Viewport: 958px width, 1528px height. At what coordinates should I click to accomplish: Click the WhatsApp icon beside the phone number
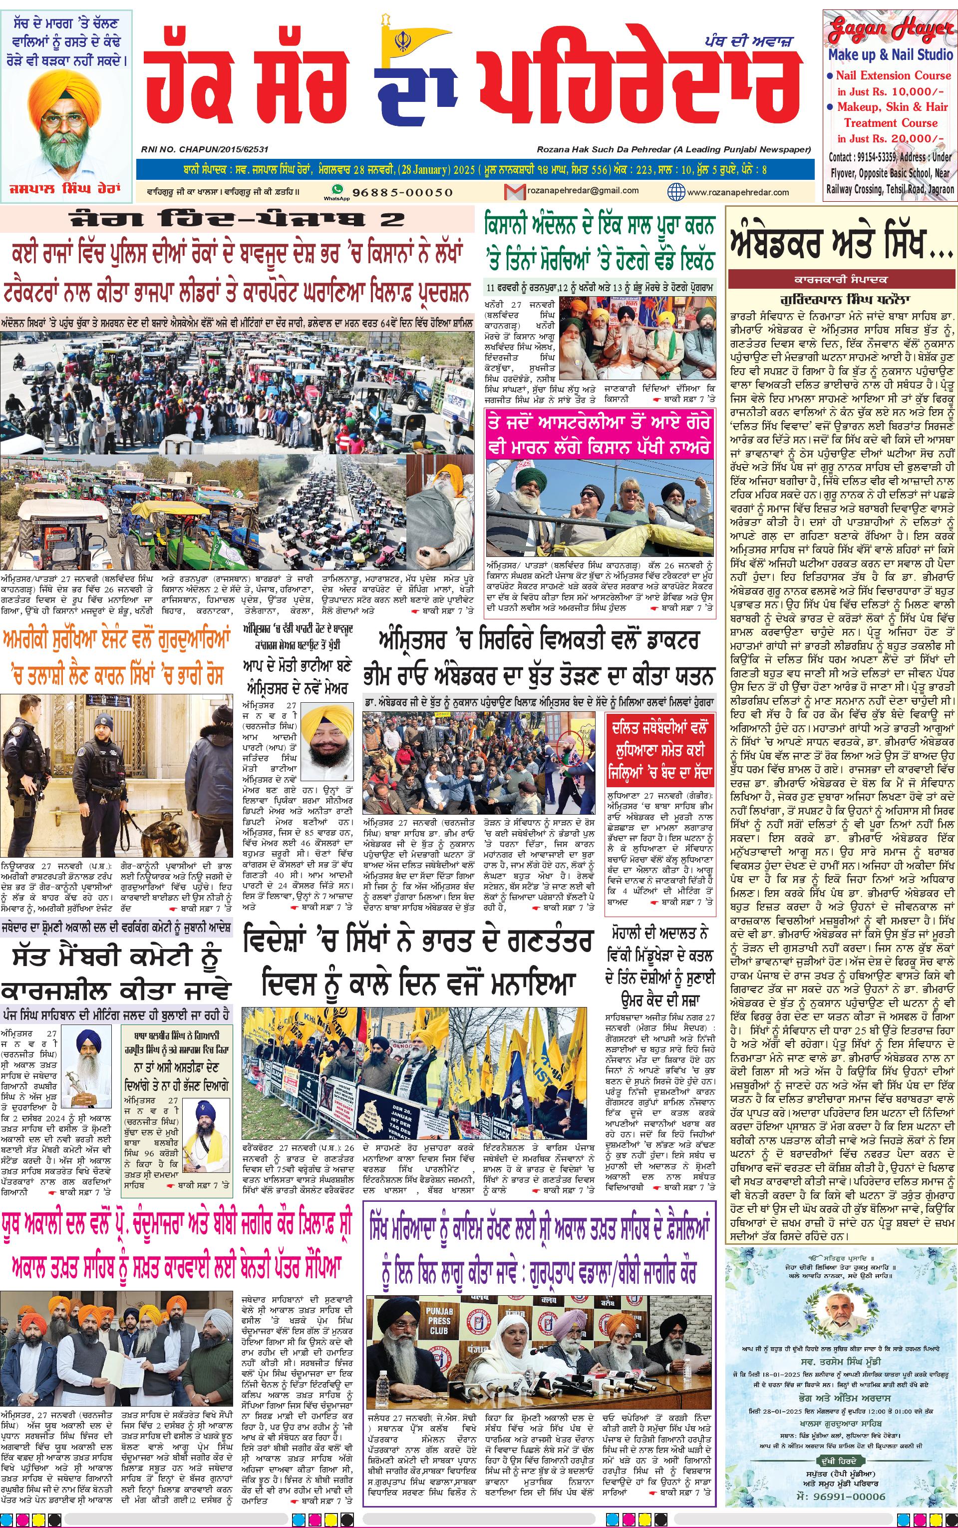[x=337, y=190]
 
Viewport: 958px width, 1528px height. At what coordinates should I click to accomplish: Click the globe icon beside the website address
[x=676, y=191]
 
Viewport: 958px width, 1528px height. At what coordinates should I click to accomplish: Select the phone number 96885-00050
[x=402, y=192]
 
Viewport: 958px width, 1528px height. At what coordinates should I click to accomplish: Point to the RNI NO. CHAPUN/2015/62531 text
[x=205, y=149]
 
